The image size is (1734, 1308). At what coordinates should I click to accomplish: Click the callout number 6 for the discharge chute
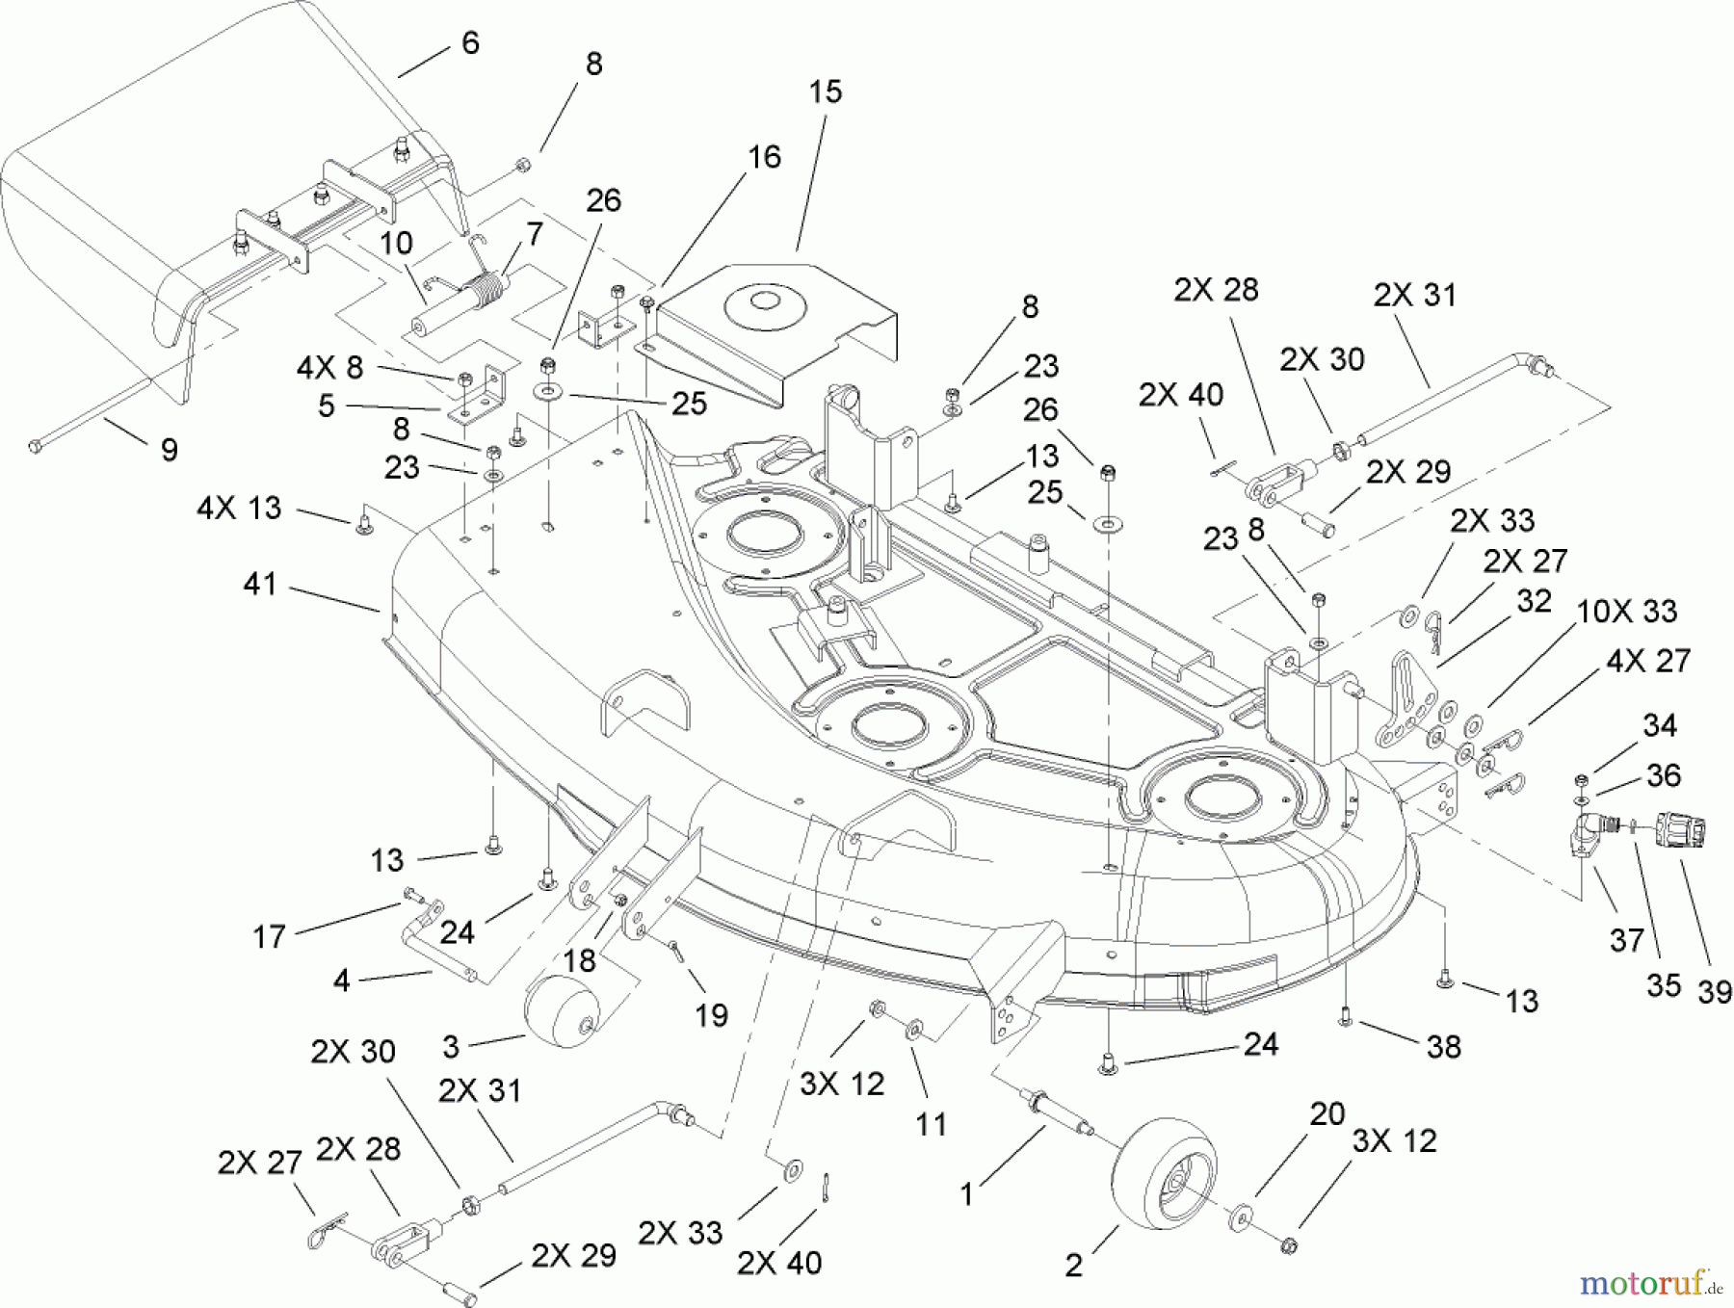tap(470, 43)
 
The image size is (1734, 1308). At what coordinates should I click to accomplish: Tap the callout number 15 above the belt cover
tap(826, 92)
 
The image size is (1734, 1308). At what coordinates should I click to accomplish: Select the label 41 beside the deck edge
tap(260, 584)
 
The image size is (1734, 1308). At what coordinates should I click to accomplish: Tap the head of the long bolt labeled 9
tap(37, 446)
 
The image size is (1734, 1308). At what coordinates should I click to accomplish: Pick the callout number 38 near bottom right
tap(1443, 1046)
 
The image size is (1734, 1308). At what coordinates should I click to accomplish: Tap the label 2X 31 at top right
tap(1414, 295)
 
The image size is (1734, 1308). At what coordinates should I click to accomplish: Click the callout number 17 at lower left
tap(269, 935)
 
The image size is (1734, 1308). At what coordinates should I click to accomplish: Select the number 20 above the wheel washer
tap(1327, 1114)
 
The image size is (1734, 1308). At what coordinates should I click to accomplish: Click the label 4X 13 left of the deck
tap(239, 508)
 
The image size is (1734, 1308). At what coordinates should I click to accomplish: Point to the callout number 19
tap(711, 1014)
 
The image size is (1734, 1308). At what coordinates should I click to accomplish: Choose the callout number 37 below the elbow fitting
tap(1626, 939)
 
